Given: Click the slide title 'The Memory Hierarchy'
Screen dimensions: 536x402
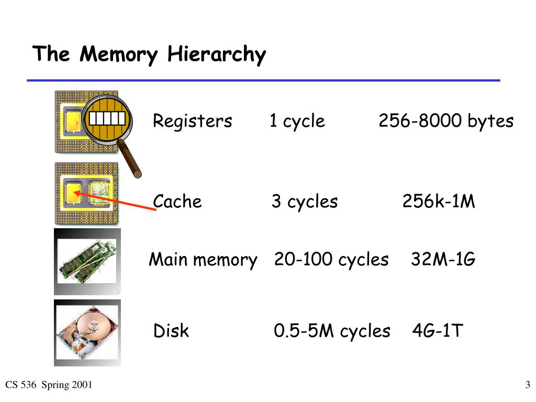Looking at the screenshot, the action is coord(149,54).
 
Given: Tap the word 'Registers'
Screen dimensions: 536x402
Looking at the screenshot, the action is coord(192,121).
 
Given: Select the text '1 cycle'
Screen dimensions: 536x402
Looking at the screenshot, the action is coord(297,121).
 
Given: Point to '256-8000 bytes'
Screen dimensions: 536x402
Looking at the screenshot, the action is coord(446,121).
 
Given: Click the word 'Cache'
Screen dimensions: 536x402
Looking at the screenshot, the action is coord(177,202).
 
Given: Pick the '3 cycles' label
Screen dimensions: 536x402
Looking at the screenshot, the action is coord(305,202).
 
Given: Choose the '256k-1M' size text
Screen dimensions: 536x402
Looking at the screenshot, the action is coord(439,202).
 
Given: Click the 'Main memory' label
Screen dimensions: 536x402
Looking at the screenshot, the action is coord(203,259).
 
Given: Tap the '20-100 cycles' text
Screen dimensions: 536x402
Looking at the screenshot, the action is coord(331,259).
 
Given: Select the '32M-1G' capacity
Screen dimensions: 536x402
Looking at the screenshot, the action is coord(443,259).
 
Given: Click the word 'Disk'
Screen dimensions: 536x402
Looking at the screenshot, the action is coord(171,331).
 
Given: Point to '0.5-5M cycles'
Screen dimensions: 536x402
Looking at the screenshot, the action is coord(332,331).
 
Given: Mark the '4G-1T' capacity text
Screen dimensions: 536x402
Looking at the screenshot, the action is coord(438,331).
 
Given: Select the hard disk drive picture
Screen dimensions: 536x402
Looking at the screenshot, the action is coord(87,333).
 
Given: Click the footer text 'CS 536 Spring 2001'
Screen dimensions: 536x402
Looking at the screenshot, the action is coord(49,386).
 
